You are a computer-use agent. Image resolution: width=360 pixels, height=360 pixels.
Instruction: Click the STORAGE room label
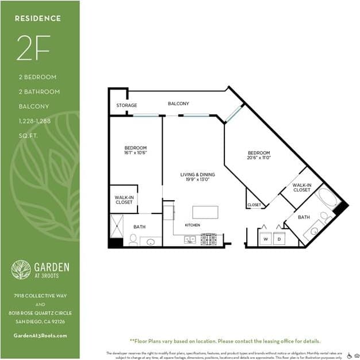[127, 106]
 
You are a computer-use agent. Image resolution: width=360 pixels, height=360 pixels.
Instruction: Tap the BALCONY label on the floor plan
[178, 104]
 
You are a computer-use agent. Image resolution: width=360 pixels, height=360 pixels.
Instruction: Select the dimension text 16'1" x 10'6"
[136, 153]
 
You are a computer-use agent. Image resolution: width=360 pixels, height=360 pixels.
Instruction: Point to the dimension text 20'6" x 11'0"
[259, 157]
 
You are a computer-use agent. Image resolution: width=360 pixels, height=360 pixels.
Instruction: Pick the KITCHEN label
[192, 225]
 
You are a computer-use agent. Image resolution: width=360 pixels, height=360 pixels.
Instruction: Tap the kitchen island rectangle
[205, 212]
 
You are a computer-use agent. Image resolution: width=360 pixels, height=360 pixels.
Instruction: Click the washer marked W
[266, 238]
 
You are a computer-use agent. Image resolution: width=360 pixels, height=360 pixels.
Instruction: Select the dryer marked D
[279, 238]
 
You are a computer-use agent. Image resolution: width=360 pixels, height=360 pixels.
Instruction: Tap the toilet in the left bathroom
[133, 239]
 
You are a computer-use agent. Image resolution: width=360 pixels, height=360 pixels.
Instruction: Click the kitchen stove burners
[208, 239]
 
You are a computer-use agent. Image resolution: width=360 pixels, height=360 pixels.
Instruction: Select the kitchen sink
[190, 240]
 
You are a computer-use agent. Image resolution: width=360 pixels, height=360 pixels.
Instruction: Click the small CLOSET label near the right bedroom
[254, 205]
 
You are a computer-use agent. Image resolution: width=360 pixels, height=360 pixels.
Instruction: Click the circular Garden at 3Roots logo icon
[22, 270]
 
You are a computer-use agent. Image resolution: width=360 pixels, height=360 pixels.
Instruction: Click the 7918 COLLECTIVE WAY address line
[40, 296]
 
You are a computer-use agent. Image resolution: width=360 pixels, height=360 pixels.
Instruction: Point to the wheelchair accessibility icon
[349, 355]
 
